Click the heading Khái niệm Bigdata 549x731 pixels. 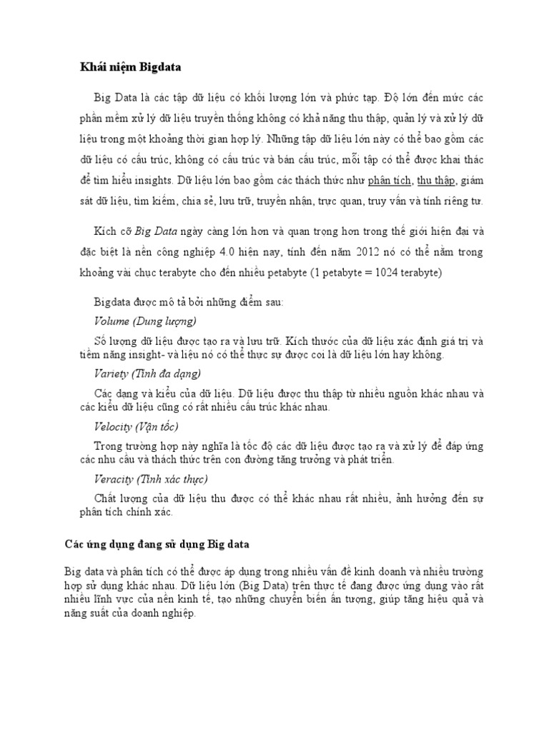pos(130,67)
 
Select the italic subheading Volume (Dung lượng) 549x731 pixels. pos(145,321)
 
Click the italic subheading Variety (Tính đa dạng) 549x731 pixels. pos(148,373)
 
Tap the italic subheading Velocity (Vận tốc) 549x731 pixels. pos(137,426)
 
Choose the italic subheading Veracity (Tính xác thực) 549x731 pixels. pos(151,479)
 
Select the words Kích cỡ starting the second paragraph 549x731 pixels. pos(113,231)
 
